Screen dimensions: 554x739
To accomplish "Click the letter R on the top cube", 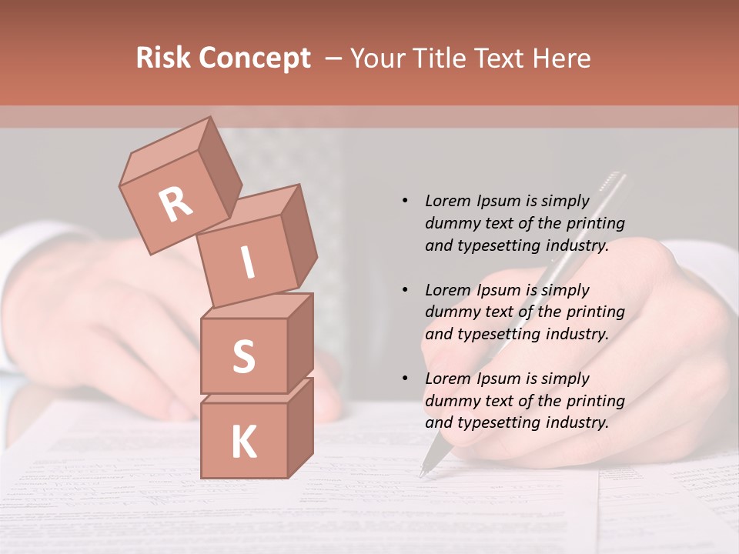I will [x=176, y=204].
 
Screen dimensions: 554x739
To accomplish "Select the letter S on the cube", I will [x=243, y=356].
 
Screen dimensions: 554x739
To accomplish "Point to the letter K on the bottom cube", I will [x=243, y=442].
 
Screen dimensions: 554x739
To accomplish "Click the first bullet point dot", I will [x=405, y=201].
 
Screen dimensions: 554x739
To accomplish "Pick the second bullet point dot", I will [x=405, y=290].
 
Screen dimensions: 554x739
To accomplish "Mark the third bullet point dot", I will [x=405, y=379].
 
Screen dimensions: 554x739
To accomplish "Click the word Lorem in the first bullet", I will [x=447, y=201].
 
